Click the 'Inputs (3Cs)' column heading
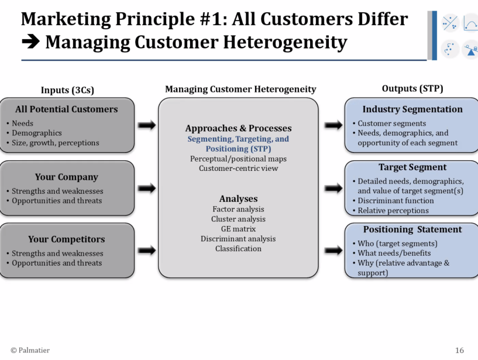67,90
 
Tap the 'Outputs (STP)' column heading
412,88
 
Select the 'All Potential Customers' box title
67,109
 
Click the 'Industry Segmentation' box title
412,109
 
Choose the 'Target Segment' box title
412,167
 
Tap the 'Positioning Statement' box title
412,229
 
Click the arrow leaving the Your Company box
147,188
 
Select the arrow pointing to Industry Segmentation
333,125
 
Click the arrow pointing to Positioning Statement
333,251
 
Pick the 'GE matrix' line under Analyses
238,229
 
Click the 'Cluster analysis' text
238,219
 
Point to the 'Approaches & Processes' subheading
238,128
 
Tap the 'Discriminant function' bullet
394,201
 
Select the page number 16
459,350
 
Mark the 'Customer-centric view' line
238,169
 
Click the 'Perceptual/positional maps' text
238,159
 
